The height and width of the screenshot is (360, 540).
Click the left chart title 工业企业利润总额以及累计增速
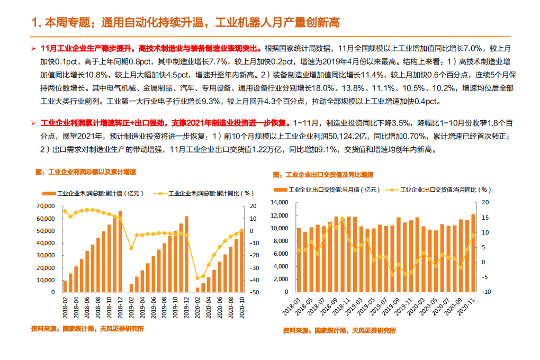pyautogui.click(x=85, y=172)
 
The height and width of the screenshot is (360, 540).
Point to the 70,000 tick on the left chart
pyautogui.click(x=46, y=206)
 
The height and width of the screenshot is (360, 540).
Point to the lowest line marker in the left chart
pyautogui.click(x=197, y=278)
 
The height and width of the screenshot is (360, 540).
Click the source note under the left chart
pyautogui.click(x=87, y=329)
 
